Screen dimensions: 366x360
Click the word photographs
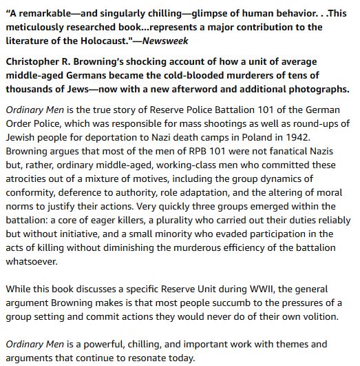point(315,89)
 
